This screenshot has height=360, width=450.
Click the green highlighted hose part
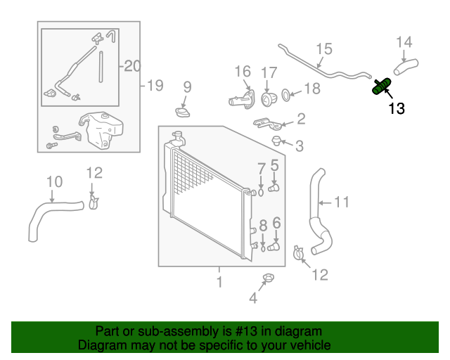click(x=382, y=86)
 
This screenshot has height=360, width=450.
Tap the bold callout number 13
click(x=397, y=109)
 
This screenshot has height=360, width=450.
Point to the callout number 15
click(x=323, y=49)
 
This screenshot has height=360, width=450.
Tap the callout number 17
click(x=269, y=73)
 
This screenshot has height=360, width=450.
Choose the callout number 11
click(x=341, y=202)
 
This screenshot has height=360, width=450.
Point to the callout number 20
click(x=133, y=66)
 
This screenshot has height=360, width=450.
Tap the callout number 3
click(x=300, y=146)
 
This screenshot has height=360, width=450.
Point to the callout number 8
click(x=263, y=226)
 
